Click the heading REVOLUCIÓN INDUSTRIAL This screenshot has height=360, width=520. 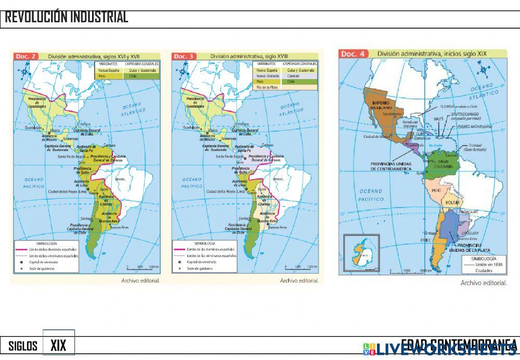click(x=67, y=17)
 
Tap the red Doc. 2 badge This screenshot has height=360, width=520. click(x=26, y=56)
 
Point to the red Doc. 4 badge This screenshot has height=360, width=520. click(x=354, y=54)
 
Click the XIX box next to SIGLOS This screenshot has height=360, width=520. click(x=58, y=345)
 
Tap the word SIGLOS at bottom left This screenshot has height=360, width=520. click(x=23, y=346)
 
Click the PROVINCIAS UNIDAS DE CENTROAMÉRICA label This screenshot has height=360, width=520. click(x=391, y=166)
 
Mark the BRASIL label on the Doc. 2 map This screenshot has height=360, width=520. click(x=121, y=179)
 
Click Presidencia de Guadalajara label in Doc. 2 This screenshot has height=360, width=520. click(x=38, y=104)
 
